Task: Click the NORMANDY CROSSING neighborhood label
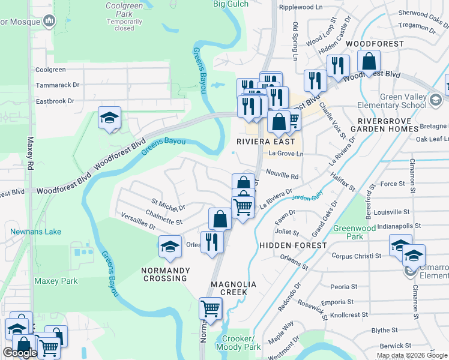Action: point(165,274)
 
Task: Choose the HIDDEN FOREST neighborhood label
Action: point(293,245)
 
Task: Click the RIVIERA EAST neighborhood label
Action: point(266,142)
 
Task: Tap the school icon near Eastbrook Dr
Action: point(110,118)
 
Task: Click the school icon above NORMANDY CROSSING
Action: point(170,247)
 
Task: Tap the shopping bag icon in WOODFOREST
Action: point(369,61)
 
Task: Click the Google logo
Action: point(20,353)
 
